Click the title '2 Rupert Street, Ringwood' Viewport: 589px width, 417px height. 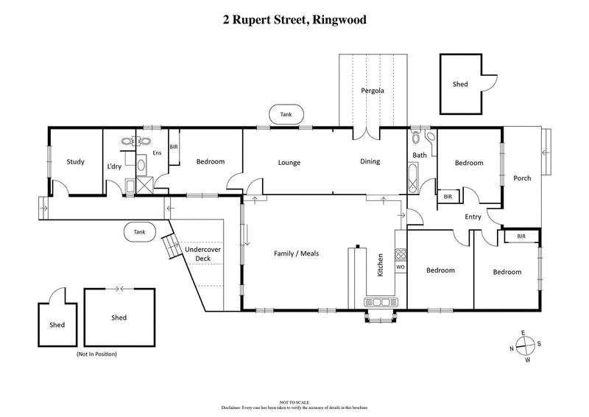[294, 20]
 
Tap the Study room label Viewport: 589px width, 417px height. [75, 162]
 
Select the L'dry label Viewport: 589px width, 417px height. [114, 167]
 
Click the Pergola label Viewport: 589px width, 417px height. [372, 91]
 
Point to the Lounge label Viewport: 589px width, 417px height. [289, 162]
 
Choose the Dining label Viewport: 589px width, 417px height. [370, 162]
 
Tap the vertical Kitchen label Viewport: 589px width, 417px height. [381, 265]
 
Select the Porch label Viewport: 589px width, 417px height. [522, 178]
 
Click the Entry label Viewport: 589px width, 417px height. [473, 217]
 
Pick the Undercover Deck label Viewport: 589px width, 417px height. [197, 254]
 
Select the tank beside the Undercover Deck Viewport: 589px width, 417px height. [139, 231]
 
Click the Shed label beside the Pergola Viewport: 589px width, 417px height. [459, 85]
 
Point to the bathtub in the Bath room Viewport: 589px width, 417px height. [412, 177]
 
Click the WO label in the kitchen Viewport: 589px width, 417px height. [401, 267]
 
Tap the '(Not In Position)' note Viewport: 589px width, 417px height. [96, 354]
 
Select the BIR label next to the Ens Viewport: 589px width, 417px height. [174, 147]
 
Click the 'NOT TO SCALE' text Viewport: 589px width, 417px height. [294, 402]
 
